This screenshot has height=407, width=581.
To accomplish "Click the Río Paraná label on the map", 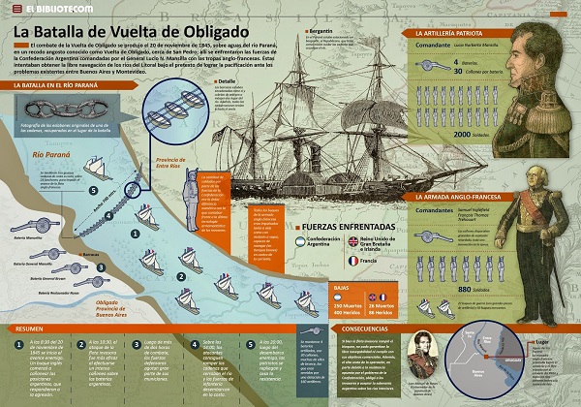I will [x=44, y=155].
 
